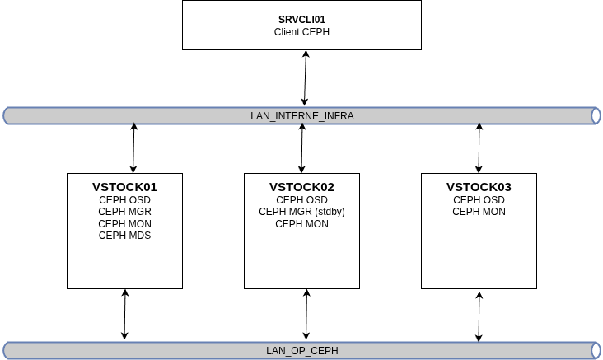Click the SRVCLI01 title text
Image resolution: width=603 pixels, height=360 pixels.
pyautogui.click(x=301, y=19)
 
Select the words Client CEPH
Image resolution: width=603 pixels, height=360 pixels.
pyautogui.click(x=301, y=32)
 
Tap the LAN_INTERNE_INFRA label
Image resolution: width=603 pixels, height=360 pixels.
pyautogui.click(x=301, y=116)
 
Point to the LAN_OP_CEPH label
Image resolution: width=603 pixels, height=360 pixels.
pyautogui.click(x=301, y=351)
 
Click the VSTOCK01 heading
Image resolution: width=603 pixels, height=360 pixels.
pyautogui.click(x=124, y=187)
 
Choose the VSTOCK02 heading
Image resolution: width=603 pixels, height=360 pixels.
pyautogui.click(x=301, y=187)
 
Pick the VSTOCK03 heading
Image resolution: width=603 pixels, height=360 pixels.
pyautogui.click(x=479, y=187)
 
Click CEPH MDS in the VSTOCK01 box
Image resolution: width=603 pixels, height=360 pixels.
pyautogui.click(x=124, y=236)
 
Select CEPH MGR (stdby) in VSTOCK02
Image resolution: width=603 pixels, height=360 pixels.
pyautogui.click(x=301, y=212)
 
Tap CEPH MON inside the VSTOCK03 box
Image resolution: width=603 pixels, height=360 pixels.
pyautogui.click(x=479, y=212)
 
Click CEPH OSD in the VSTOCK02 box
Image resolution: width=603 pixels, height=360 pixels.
pyautogui.click(x=301, y=200)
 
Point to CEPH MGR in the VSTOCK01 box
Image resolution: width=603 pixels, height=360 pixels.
pyautogui.click(x=124, y=212)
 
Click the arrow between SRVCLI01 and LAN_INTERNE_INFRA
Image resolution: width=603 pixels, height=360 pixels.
pyautogui.click(x=305, y=77)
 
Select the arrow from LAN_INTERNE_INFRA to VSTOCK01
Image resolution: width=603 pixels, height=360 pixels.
pyautogui.click(x=133, y=147)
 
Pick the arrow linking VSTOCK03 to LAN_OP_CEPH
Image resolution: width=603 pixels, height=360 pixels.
pyautogui.click(x=479, y=316)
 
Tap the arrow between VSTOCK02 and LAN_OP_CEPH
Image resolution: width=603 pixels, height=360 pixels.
pyautogui.click(x=306, y=314)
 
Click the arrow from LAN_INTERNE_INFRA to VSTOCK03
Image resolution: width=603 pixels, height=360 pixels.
pyautogui.click(x=479, y=147)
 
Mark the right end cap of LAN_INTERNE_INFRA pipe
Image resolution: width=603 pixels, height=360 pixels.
pyautogui.click(x=596, y=116)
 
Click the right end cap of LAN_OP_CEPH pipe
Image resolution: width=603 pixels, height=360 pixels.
pyautogui.click(x=596, y=351)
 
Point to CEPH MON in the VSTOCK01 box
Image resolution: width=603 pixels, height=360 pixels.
pyautogui.click(x=124, y=224)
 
